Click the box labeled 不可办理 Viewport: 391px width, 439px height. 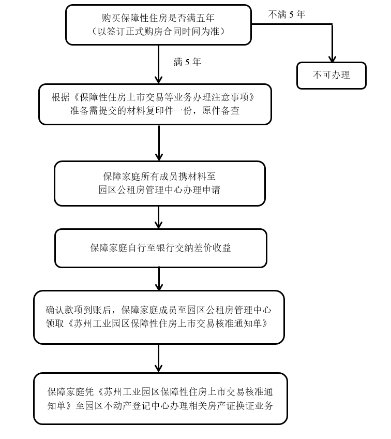pyautogui.click(x=331, y=76)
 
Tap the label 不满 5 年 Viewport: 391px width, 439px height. pyautogui.click(x=287, y=14)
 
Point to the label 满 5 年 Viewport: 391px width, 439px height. pyautogui.click(x=187, y=62)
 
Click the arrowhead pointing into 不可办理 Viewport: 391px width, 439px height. pyautogui.click(x=332, y=58)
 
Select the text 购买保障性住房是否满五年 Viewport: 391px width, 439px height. pyautogui.click(x=158, y=18)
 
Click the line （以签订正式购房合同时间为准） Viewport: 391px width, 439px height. pyautogui.click(x=158, y=32)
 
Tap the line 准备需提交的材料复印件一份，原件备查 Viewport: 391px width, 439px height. pyautogui.click(x=155, y=110)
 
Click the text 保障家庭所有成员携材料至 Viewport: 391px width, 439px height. pyautogui.click(x=159, y=177)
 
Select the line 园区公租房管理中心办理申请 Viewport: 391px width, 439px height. pyautogui.click(x=159, y=190)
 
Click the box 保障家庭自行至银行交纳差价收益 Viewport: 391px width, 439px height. pyautogui.click(x=160, y=248)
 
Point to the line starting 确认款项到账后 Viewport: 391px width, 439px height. pyautogui.click(x=158, y=311)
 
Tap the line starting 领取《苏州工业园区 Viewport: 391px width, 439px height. pyautogui.click(x=158, y=324)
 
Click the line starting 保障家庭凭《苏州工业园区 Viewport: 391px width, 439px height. pyautogui.click(x=160, y=391)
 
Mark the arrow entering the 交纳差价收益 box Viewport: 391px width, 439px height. pyautogui.click(x=159, y=217)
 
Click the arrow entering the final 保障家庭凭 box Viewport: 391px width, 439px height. pyautogui.click(x=159, y=359)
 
